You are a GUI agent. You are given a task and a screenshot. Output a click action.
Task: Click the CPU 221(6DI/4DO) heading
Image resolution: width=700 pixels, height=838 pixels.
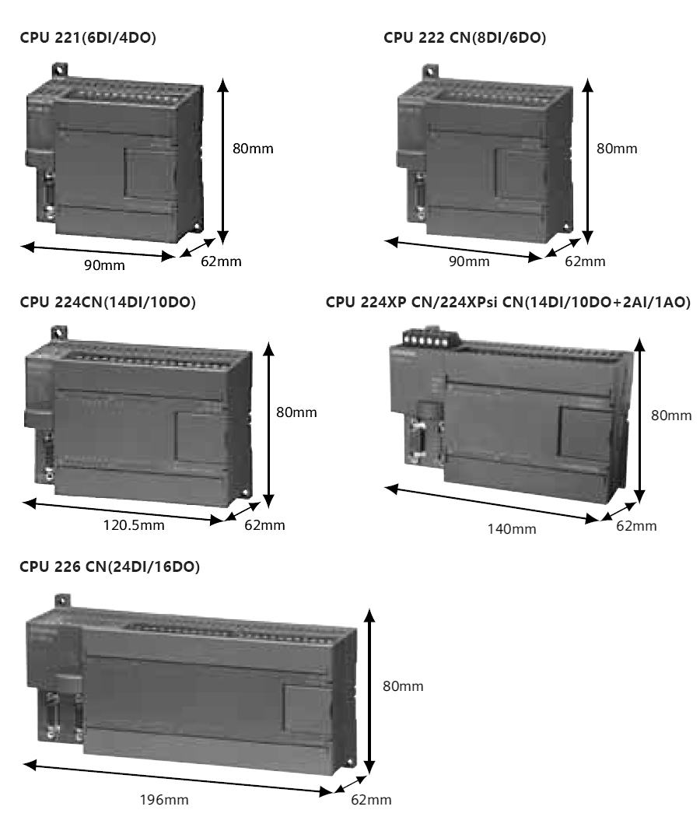[x=88, y=37]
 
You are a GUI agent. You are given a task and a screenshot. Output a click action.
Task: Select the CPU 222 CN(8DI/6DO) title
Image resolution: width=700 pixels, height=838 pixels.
[x=465, y=37]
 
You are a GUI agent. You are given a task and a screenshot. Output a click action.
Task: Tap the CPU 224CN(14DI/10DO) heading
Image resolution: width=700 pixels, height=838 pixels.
[x=108, y=302]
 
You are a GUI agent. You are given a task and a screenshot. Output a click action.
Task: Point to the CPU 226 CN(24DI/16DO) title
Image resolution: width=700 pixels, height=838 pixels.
[x=110, y=566]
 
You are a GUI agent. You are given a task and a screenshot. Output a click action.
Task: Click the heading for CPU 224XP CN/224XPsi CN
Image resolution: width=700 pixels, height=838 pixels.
[x=508, y=302]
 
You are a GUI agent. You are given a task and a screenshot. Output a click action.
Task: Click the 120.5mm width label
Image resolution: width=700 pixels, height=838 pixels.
[x=134, y=524]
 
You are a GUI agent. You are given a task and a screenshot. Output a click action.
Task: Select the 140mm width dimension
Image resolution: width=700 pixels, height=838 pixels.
[x=511, y=529]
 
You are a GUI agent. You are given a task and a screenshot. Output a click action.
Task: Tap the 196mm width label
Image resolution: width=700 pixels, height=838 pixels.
[x=164, y=800]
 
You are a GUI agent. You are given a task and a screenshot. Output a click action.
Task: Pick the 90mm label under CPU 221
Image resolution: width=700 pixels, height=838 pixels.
[x=104, y=265]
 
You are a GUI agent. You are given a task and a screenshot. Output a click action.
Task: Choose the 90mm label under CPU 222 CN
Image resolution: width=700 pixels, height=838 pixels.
[x=469, y=261]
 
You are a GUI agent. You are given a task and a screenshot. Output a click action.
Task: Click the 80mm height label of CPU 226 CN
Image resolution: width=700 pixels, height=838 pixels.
[x=403, y=686]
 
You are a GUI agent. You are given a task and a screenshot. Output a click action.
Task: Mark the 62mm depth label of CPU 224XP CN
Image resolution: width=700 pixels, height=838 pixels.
[x=636, y=526]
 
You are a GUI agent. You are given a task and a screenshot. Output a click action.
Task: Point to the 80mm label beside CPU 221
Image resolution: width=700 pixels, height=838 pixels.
[x=253, y=149]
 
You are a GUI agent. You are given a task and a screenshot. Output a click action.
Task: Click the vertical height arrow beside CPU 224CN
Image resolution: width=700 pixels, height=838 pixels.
[x=268, y=425]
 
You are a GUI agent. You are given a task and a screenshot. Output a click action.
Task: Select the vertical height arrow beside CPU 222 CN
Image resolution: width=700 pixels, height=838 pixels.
[x=587, y=161]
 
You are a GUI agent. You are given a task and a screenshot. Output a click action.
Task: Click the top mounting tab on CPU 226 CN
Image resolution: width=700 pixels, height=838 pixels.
[x=61, y=600]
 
